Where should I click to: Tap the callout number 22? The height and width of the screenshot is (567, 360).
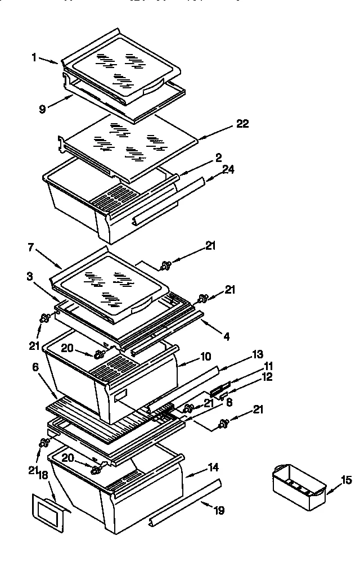pyautogui.click(x=242, y=124)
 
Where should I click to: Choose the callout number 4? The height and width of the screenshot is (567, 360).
pyautogui.click(x=227, y=337)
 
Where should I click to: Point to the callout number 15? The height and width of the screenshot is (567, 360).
pyautogui.click(x=347, y=480)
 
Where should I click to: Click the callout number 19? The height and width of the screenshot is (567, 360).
pyautogui.click(x=219, y=511)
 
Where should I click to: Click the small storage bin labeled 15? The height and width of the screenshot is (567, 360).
pyautogui.click(x=298, y=487)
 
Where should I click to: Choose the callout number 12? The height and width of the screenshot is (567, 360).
pyautogui.click(x=267, y=377)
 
